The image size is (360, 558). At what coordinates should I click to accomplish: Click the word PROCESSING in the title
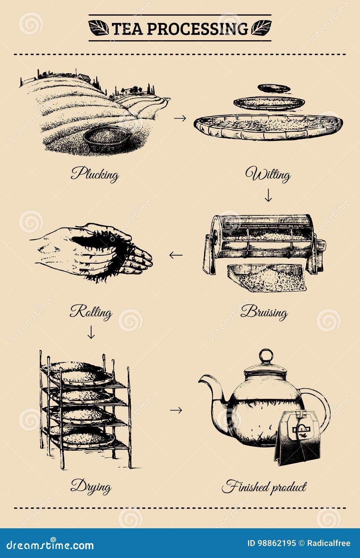(x=197, y=29)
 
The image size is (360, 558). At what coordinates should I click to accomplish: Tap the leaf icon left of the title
(x=98, y=28)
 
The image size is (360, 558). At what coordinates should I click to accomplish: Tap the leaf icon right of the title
(x=261, y=28)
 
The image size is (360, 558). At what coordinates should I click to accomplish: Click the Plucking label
(x=95, y=174)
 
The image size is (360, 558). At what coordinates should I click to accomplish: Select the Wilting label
(x=268, y=174)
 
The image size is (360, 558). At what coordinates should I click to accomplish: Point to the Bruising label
(x=264, y=312)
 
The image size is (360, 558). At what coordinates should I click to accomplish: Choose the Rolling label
(x=91, y=312)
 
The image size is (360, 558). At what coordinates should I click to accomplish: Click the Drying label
(x=91, y=486)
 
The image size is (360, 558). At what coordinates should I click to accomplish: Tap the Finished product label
(x=264, y=487)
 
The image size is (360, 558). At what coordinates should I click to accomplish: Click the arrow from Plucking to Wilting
(x=180, y=118)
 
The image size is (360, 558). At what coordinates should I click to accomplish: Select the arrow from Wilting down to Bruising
(x=268, y=195)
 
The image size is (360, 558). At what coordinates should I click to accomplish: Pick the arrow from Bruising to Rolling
(x=176, y=255)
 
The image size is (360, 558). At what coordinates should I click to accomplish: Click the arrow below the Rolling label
(x=91, y=332)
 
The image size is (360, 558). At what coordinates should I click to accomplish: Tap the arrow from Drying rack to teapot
(x=176, y=410)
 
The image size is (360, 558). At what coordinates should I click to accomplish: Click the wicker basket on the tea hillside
(x=107, y=137)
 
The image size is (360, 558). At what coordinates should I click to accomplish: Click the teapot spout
(x=211, y=386)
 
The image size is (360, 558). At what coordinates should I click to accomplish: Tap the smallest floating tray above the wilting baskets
(x=274, y=88)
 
